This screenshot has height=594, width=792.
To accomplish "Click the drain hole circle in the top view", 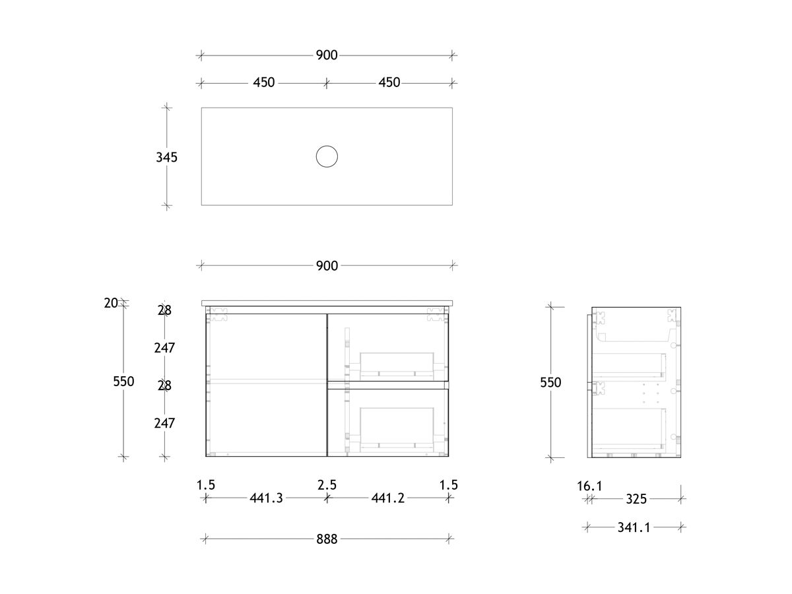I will point(327,156).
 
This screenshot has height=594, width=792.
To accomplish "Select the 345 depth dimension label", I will point(167,158).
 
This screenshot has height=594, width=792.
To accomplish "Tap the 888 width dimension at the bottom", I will point(327,539).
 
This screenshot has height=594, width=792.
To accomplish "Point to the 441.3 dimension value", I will point(266,498).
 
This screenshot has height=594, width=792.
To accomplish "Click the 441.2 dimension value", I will point(389,498).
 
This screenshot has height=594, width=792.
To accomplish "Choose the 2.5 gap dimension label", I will point(327,485).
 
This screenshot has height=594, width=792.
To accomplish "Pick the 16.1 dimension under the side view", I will point(589,486).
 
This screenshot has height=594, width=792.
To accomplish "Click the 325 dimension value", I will point(636,499).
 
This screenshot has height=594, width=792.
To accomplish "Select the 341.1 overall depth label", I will point(635,527).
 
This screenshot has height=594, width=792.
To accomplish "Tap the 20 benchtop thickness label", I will point(111,303).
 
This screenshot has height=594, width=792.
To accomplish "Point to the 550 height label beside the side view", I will point(550,382).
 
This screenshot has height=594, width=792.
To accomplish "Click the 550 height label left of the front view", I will point(123,381).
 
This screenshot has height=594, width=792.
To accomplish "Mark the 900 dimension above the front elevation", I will point(327,266).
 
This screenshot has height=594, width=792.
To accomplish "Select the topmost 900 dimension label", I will point(327,55).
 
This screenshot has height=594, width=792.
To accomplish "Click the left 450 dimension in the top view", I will point(264,83).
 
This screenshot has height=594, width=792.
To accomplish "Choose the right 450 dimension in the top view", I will point(389,83).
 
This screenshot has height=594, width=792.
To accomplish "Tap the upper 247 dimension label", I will point(164,347).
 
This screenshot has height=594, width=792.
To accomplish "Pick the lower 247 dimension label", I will point(164,423).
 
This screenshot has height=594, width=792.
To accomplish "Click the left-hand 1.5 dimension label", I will point(206,485).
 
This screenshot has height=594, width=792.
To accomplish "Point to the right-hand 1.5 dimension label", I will point(449,485).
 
